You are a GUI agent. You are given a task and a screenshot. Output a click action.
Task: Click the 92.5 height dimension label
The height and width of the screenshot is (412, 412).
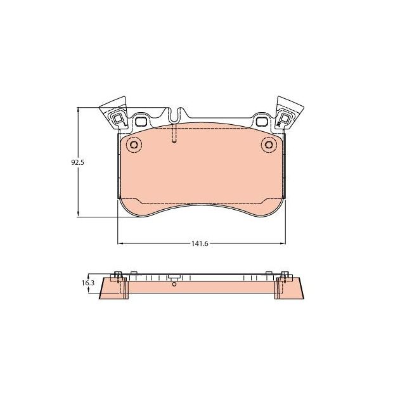tap(77, 163)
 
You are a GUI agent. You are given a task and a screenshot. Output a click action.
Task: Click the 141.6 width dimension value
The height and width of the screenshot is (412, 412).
tap(202, 243)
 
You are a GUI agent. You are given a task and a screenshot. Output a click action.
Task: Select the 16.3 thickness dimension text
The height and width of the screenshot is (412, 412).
tap(87, 283)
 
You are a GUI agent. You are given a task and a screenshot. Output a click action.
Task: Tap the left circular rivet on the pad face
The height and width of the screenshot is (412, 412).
tap(134, 145)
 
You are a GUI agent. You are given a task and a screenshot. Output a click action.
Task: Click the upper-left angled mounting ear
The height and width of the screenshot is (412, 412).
tap(114, 112)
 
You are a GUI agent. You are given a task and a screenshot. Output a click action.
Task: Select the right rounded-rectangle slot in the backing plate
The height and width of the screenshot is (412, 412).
tap(261, 119)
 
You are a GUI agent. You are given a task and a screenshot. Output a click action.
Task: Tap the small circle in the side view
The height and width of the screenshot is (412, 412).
tap(174, 285)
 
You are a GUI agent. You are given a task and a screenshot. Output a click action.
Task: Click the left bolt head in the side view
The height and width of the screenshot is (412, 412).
tap(118, 275)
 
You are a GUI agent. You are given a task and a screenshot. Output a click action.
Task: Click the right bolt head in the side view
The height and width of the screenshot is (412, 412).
tap(283, 275)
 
